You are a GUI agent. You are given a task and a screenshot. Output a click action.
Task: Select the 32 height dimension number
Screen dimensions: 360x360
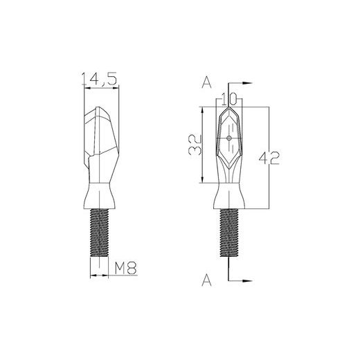pyautogui.click(x=195, y=144)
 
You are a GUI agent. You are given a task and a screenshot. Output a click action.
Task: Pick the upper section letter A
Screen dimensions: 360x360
pyautogui.click(x=206, y=83)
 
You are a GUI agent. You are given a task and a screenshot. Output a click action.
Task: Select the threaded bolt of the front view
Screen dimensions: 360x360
pyautogui.click(x=229, y=233)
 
